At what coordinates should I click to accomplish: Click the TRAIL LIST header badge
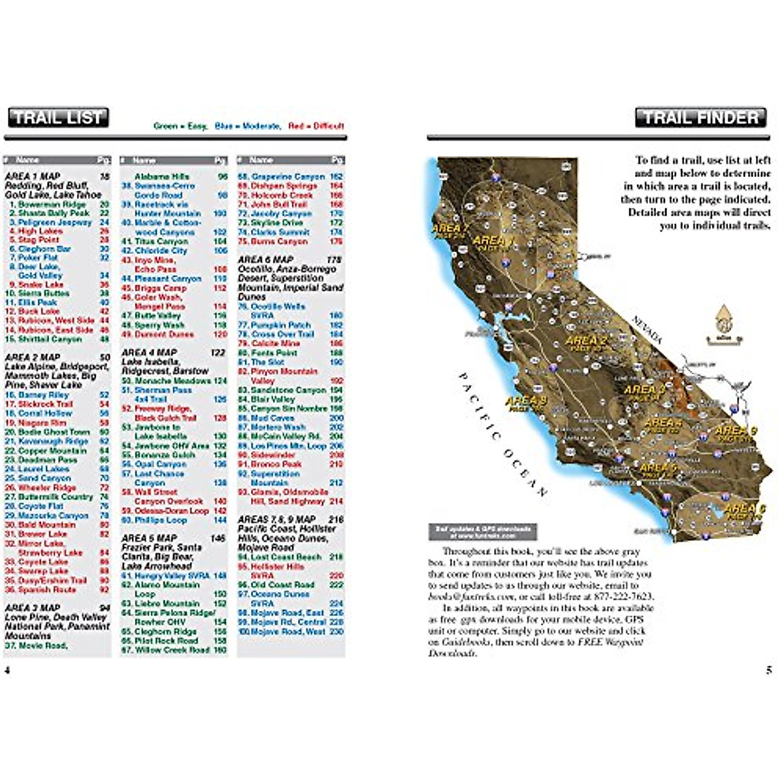click(58, 118)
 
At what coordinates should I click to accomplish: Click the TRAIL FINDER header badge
click(700, 118)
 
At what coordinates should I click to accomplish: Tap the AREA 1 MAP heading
click(33, 176)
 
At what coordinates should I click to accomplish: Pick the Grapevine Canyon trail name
click(281, 176)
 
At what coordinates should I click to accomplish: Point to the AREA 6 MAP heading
click(265, 259)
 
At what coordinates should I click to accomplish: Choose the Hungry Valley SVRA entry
click(165, 576)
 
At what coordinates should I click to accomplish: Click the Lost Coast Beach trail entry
click(280, 557)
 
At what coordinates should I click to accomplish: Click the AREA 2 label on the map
click(585, 340)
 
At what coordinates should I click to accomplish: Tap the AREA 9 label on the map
click(736, 431)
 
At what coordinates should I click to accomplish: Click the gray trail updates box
click(482, 531)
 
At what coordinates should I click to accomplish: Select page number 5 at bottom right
click(769, 670)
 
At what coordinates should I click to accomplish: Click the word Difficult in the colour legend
click(329, 126)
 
